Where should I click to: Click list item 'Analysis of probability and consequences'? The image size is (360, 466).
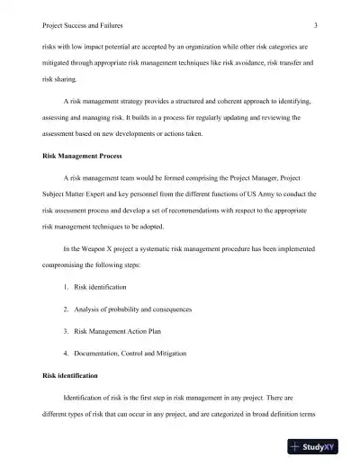point(133,309)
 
